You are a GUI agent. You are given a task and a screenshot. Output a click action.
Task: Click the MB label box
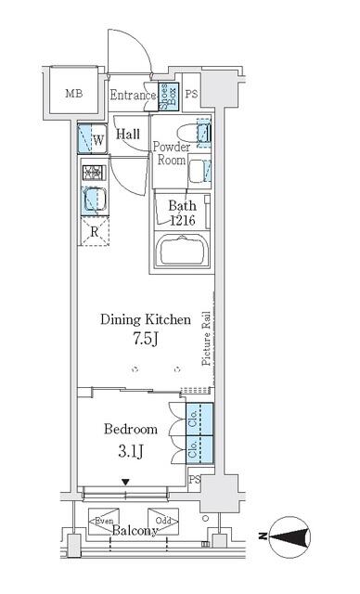click(73, 94)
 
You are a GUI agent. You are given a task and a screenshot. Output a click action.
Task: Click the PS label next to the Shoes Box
click(190, 95)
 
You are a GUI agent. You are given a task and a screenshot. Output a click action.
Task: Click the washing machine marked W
click(91, 140)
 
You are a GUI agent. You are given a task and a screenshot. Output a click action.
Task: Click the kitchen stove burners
click(92, 173)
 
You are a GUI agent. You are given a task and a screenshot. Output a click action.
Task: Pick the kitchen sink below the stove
click(92, 200)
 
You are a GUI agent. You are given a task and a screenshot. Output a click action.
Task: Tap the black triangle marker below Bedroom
click(127, 481)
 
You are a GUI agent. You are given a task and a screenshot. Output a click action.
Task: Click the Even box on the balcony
click(101, 521)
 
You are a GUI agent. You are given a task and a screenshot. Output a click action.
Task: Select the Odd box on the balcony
click(161, 521)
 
